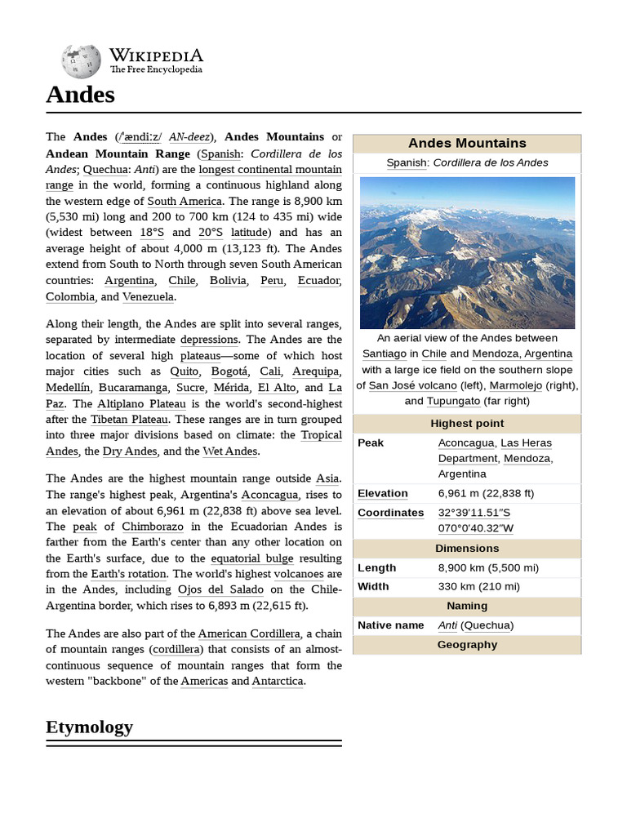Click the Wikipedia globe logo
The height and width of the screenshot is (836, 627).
[80, 61]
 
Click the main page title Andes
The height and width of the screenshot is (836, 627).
[80, 96]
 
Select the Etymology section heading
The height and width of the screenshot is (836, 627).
[89, 727]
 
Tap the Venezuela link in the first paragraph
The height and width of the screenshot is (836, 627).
[149, 296]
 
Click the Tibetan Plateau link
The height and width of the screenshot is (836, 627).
[129, 419]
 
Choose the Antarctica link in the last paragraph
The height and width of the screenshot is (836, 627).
[277, 681]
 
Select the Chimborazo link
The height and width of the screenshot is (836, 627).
[154, 527]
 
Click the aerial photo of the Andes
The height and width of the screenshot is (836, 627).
[467, 252]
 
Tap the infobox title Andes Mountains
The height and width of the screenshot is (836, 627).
[467, 143]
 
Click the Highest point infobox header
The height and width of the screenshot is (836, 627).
[467, 423]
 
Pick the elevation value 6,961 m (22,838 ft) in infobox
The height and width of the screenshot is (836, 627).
[486, 493]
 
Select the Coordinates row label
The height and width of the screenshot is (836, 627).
[390, 513]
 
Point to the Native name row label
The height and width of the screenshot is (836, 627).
[390, 625]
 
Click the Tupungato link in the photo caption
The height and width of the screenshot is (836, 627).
[453, 401]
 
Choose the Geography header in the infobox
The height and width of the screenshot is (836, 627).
[467, 644]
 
